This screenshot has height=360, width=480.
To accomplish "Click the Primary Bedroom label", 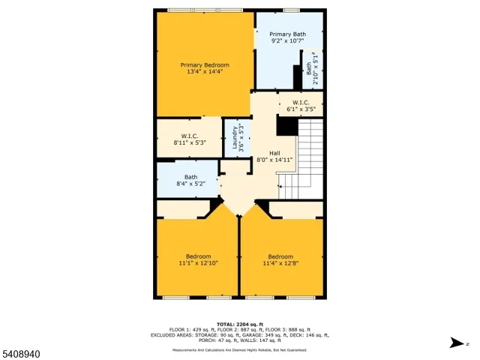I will coord(205,65).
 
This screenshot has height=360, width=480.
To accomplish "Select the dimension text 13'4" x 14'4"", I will coord(205,73).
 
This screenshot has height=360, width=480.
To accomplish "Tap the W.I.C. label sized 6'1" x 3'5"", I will coord(300,102).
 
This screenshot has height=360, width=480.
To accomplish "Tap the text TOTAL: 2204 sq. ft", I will coord(239,323).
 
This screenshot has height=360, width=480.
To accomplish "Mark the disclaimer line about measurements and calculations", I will coord(239,350).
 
